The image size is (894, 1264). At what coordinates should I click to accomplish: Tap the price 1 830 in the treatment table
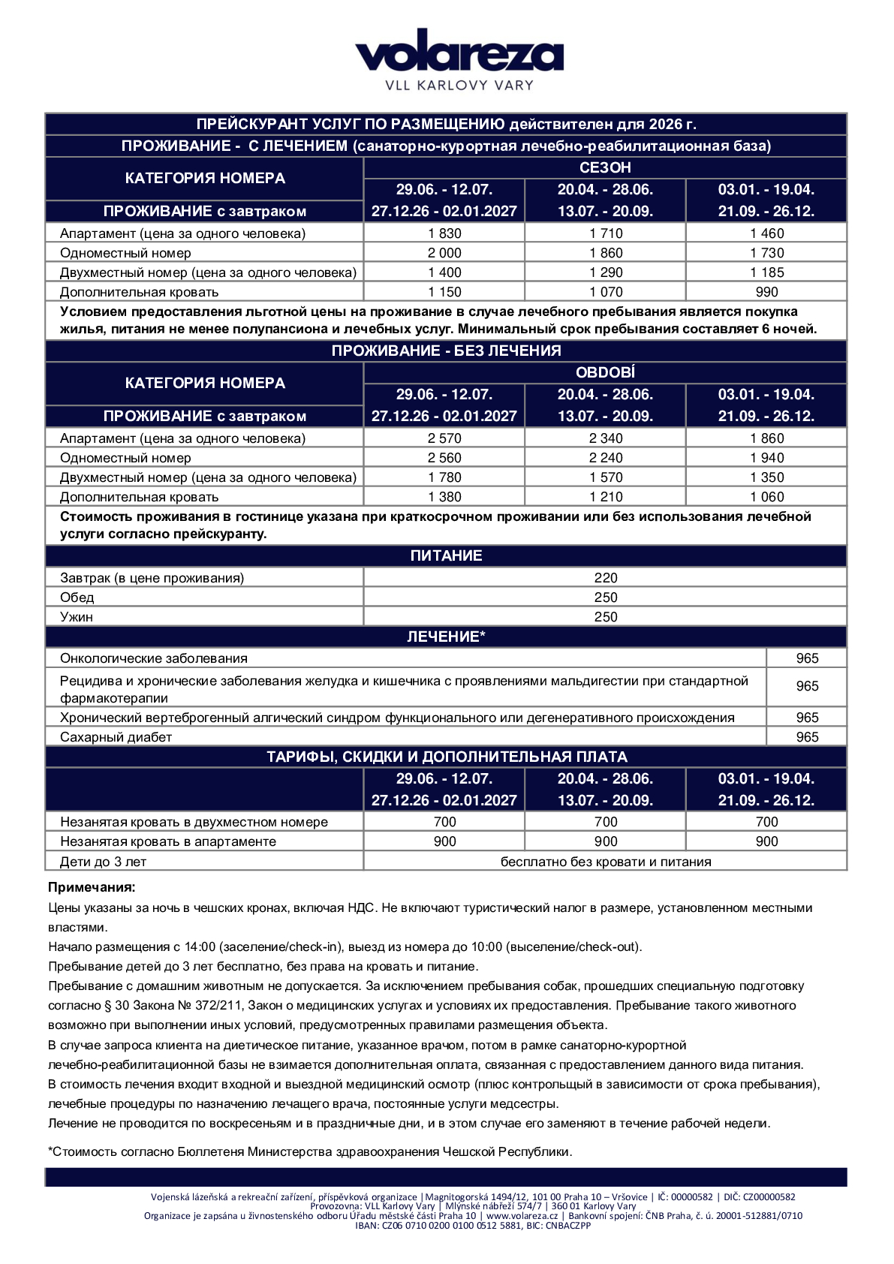pos(444,233)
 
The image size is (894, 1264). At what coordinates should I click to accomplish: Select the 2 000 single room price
pos(444,253)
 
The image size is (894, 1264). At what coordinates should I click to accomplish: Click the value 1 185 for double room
pos(766,272)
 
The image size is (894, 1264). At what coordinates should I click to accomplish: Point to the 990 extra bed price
pos(766,292)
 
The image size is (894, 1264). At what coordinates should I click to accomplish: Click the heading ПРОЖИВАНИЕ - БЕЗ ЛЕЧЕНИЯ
pos(446,351)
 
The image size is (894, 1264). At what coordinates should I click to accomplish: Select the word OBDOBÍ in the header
pos(605,372)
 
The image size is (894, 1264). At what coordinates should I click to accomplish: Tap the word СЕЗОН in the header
pos(605,167)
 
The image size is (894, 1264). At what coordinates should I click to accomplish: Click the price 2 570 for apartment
pos(444,438)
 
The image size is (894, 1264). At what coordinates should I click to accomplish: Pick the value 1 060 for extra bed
pos(766,497)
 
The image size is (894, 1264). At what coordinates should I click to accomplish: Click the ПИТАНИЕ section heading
pos(446,555)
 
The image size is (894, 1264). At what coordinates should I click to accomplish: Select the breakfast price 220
pos(605,578)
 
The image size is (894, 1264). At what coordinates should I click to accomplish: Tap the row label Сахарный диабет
pos(116,737)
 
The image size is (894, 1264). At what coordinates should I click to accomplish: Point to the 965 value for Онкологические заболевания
pos(807,658)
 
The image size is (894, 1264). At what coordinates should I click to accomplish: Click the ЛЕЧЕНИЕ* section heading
pos(446,637)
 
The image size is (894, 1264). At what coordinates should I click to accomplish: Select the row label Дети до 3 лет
pos(103,862)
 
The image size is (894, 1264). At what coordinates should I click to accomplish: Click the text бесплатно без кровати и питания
pos(605,862)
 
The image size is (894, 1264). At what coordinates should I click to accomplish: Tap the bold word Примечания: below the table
pos(92,887)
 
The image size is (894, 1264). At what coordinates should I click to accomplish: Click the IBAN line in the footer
pos(473,1226)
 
